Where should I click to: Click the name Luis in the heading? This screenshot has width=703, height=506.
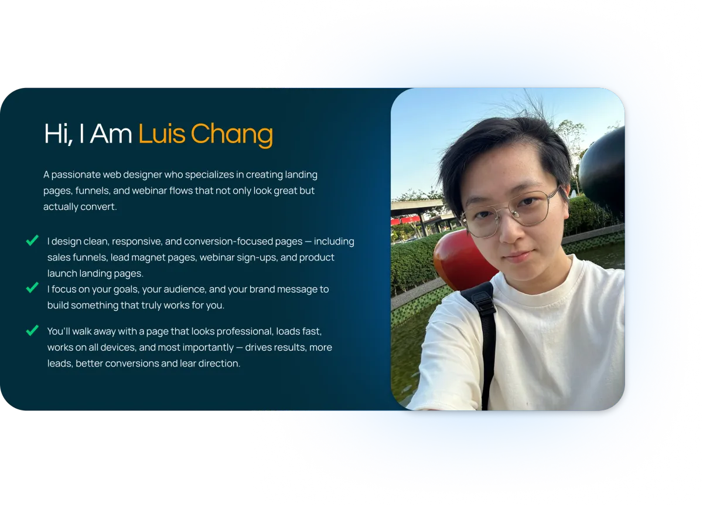162,134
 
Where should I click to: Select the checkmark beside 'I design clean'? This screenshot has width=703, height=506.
32,240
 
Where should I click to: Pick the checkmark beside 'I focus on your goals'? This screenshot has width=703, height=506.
32,287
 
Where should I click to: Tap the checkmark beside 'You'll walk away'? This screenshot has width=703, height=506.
32,330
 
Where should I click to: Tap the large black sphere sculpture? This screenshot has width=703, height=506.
603,173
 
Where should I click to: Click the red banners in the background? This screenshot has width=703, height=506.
405,220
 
